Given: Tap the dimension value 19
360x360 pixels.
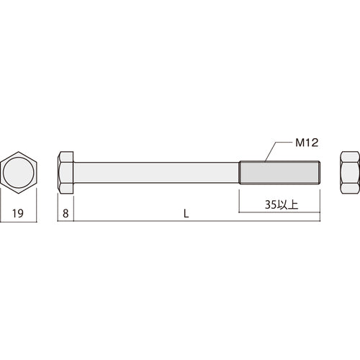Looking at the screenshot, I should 21,212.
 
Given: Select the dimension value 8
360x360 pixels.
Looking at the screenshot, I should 66,212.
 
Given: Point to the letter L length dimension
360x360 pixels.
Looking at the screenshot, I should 186,212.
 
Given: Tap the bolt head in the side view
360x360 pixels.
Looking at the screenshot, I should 66,173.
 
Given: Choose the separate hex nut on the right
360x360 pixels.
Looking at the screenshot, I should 348,173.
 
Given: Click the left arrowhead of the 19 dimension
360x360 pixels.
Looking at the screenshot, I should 3,221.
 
